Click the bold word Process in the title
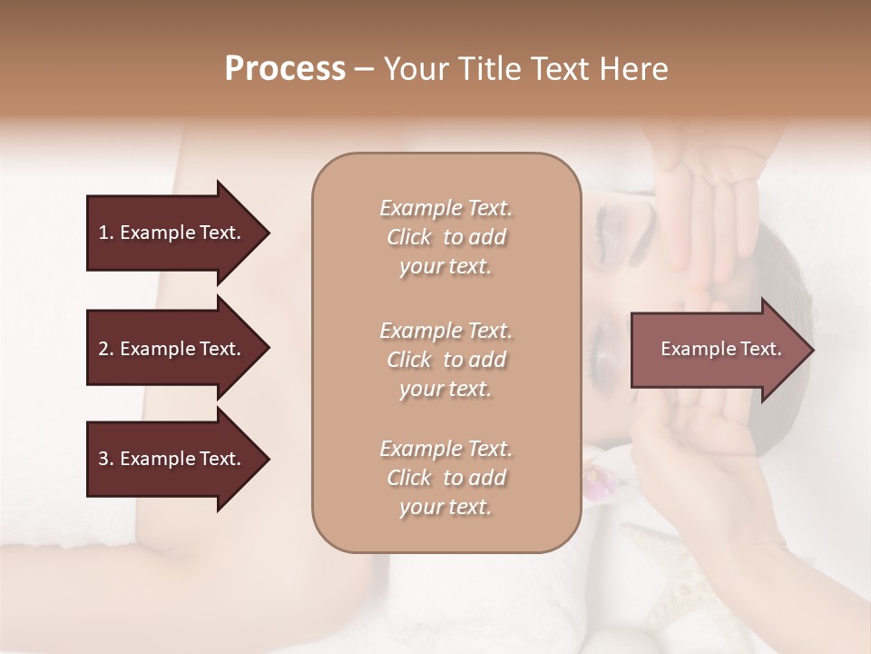click(285, 69)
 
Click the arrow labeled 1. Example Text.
click(172, 233)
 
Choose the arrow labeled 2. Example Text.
click(172, 349)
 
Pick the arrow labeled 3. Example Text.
click(172, 459)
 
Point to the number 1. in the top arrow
click(106, 233)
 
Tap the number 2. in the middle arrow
click(106, 349)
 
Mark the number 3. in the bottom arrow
click(106, 459)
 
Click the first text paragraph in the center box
click(445, 237)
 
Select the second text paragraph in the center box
click(445, 360)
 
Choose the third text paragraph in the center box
click(445, 478)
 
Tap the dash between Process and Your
click(365, 69)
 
